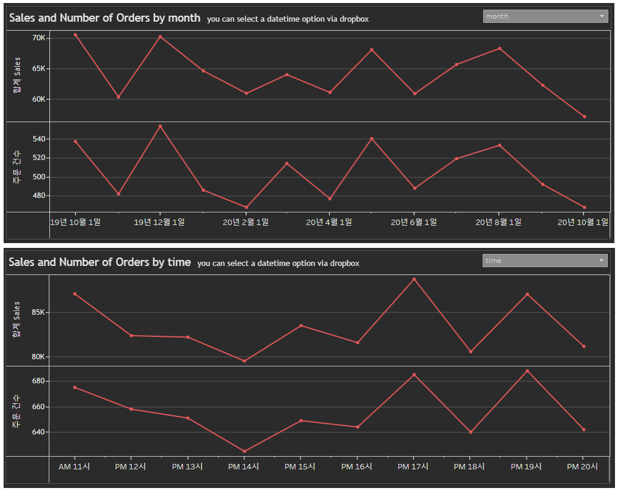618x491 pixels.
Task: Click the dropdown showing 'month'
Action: pos(545,16)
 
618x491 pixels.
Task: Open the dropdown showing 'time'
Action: pos(545,261)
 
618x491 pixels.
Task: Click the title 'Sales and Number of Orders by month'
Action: pos(105,18)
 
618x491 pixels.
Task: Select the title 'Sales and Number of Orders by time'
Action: pos(100,262)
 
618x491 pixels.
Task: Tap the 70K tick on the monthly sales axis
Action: pos(39,38)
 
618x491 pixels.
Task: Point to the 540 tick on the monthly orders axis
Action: pos(39,139)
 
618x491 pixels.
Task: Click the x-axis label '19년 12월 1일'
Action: pos(159,222)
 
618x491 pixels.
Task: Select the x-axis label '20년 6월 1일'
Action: pos(414,222)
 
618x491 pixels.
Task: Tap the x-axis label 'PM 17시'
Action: pos(413,466)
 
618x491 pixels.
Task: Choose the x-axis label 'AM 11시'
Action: pos(74,466)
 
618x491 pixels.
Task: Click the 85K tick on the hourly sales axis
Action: pos(38,313)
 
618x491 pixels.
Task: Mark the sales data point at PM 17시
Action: pos(414,279)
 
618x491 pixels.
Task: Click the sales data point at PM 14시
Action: pos(244,361)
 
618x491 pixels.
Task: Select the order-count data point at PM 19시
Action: pos(527,371)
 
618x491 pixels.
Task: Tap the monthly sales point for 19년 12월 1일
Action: pos(160,37)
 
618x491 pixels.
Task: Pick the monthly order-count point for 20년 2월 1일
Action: pos(245,208)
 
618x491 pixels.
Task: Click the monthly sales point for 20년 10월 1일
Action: pos(584,117)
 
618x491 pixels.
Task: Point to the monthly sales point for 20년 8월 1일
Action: pos(499,48)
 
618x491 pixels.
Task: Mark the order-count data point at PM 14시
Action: pos(244,451)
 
